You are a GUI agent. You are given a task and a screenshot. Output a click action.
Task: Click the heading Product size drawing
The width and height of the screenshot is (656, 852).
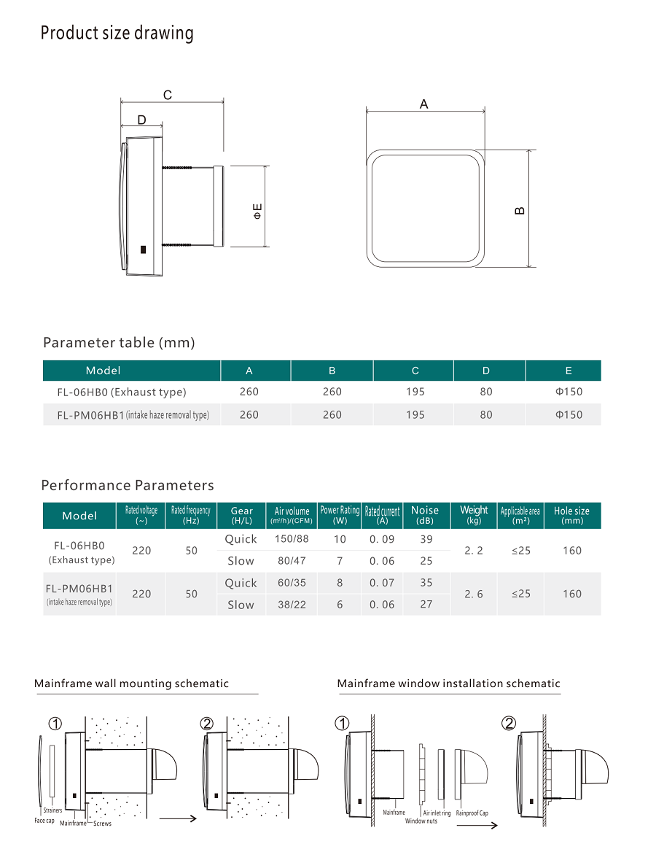[117, 34]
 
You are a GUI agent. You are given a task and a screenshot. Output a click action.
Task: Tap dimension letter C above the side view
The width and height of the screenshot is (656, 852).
[168, 95]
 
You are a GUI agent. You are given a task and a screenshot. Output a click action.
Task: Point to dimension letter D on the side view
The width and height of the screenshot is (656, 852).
[141, 120]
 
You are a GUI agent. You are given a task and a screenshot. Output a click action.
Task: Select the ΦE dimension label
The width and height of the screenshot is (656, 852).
[257, 212]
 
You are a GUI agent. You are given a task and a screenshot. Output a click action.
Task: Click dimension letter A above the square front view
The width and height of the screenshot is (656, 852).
[424, 104]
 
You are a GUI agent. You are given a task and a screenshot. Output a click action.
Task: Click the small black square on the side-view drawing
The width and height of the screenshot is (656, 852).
[143, 249]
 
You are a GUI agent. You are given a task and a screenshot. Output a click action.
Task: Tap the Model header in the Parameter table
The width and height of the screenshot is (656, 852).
[104, 371]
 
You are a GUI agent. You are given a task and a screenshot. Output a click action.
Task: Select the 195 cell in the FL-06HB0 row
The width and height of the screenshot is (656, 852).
[415, 392]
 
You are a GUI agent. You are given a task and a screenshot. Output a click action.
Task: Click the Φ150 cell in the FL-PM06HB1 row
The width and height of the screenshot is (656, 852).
[569, 415]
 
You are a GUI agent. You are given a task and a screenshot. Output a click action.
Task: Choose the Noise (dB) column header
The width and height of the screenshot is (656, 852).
[425, 515]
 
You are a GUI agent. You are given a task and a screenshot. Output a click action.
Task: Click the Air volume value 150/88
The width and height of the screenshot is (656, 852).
[292, 539]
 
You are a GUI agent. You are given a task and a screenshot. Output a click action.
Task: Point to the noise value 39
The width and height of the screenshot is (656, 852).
[426, 539]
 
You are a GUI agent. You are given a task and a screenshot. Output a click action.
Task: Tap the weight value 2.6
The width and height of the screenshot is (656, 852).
[474, 594]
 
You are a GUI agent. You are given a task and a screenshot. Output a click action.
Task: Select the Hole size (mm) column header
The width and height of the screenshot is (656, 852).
[571, 515]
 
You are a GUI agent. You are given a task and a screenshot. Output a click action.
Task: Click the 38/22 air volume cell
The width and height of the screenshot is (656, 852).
[292, 605]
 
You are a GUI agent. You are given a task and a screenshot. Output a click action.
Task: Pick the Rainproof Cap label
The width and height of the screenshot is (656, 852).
[472, 812]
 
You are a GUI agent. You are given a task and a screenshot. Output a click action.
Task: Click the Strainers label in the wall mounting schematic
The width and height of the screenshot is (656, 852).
[52, 810]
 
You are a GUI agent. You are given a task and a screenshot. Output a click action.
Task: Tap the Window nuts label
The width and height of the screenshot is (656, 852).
[421, 821]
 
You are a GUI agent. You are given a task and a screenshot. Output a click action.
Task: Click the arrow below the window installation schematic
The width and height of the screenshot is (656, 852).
[477, 826]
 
